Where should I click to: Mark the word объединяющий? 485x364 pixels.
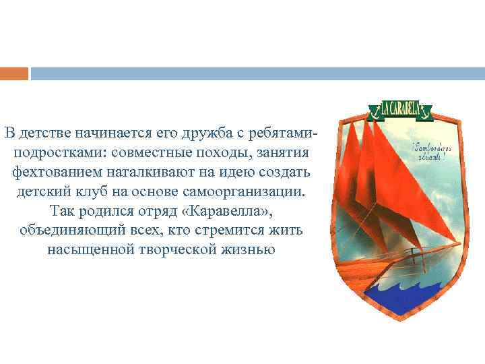coord(69,231)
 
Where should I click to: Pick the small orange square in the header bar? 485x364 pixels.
coord(14,73)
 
